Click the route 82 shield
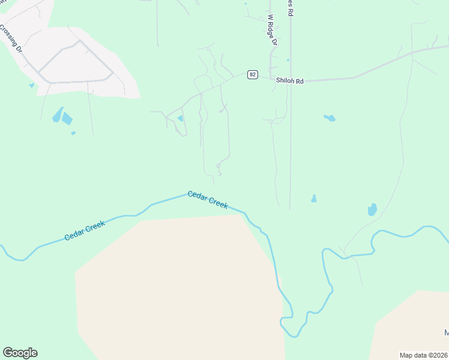(x=253, y=74)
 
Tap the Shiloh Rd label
(x=290, y=80)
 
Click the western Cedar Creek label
(x=85, y=231)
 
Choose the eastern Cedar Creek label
(x=208, y=199)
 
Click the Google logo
(x=20, y=353)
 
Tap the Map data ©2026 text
(x=424, y=355)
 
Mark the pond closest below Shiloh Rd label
(x=330, y=118)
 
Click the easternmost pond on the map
(x=372, y=209)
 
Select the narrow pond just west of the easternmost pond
(x=313, y=198)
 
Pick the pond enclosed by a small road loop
(x=180, y=119)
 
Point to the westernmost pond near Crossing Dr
(x=31, y=86)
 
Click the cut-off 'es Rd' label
(x=290, y=7)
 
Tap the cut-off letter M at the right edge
(x=446, y=332)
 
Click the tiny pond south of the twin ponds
(x=73, y=133)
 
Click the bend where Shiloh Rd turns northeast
(x=354, y=77)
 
